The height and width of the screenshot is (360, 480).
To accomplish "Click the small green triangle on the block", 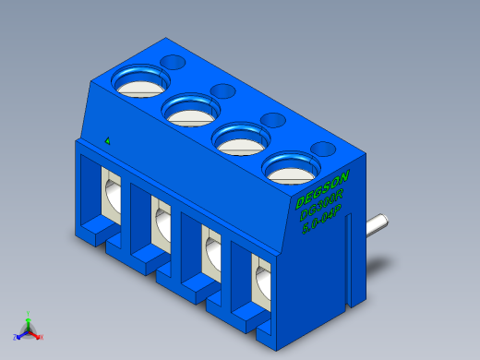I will point(108,141).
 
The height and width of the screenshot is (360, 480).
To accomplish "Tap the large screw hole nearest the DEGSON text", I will point(291,168).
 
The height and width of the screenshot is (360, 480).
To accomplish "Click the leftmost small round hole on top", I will point(173,62).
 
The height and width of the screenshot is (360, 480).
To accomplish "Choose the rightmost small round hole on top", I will point(324,148).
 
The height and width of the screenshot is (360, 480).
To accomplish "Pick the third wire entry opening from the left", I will point(210,251).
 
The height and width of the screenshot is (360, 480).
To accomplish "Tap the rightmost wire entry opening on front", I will point(261,280).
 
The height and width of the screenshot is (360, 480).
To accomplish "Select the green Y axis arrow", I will point(29,317).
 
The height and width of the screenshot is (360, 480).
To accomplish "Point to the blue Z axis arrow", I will point(18,336).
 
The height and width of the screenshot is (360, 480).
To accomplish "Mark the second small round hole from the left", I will point(222,90).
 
